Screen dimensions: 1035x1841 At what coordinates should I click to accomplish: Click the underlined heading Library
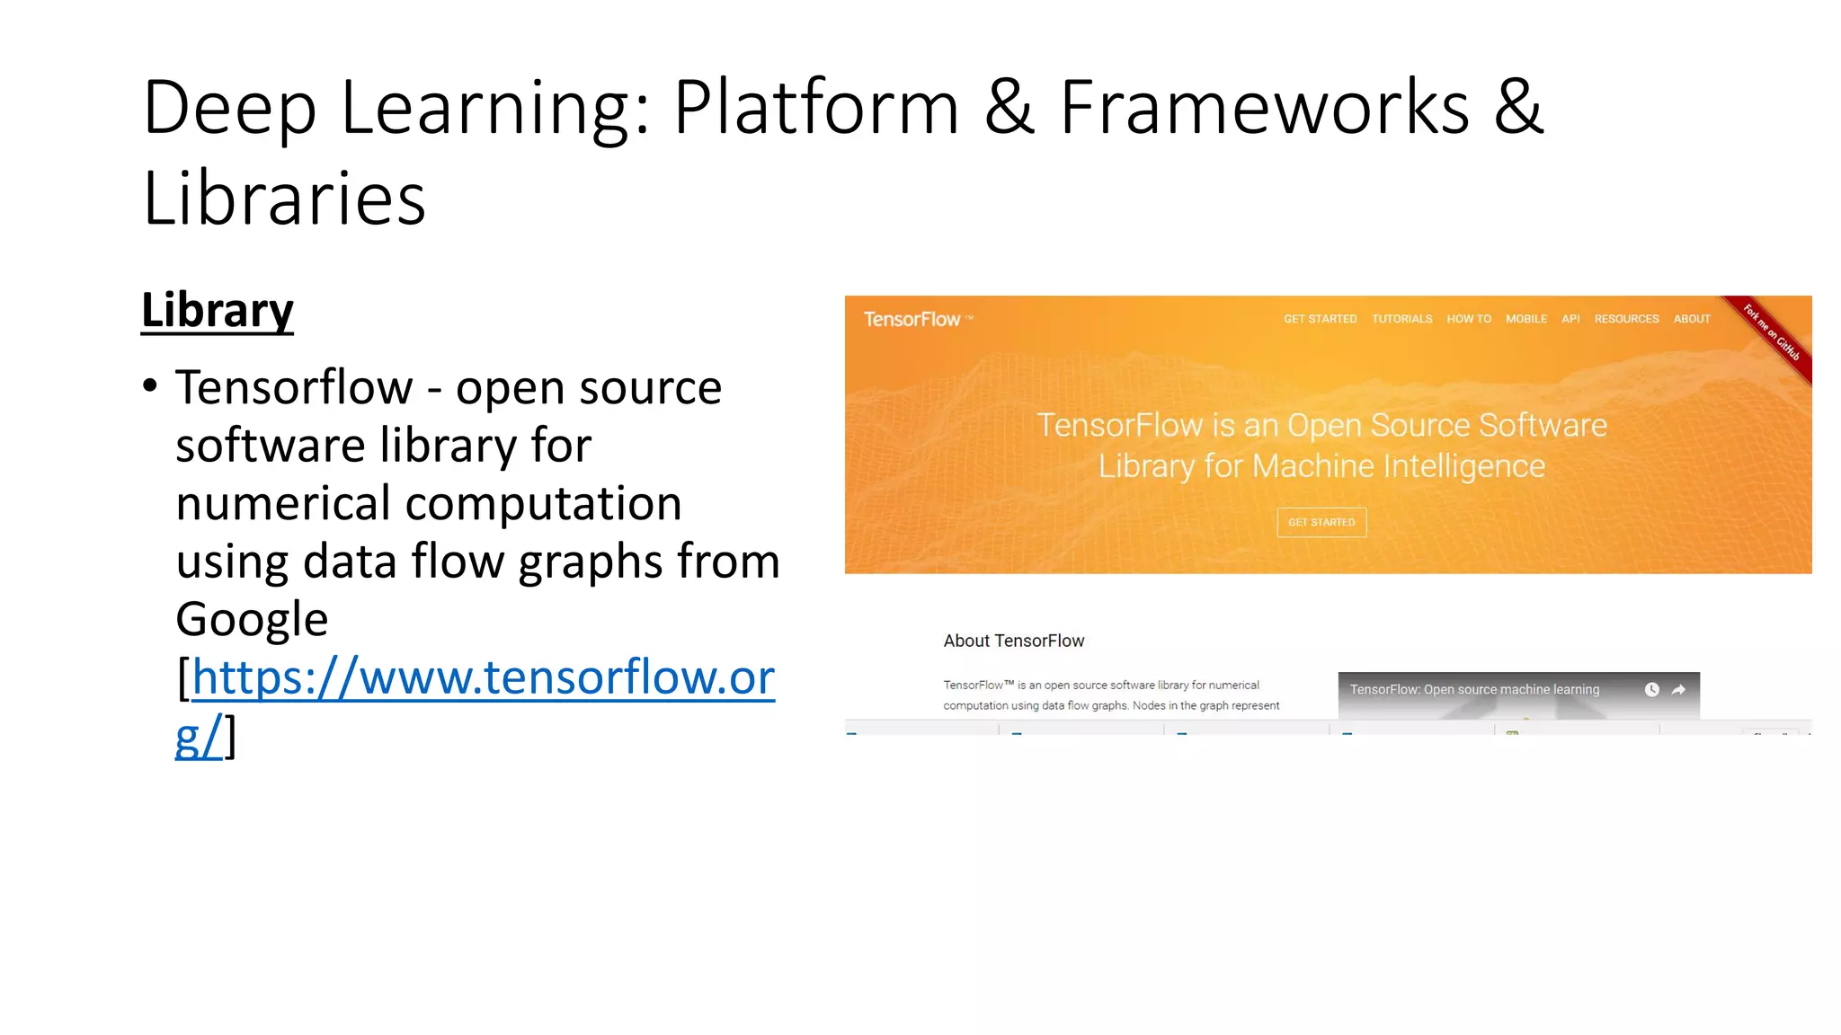click(x=217, y=311)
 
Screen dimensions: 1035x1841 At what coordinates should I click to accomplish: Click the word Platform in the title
click(x=816, y=108)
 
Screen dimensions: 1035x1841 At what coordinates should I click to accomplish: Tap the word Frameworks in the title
click(x=1263, y=108)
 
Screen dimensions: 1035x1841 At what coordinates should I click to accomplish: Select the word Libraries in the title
click(x=284, y=199)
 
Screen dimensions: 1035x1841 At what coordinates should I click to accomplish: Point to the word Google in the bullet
click(x=252, y=620)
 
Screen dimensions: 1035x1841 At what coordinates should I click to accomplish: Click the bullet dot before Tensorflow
click(x=150, y=386)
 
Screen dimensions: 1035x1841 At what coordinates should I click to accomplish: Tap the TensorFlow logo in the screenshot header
click(x=912, y=319)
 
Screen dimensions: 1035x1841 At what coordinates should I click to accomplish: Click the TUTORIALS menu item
click(x=1401, y=319)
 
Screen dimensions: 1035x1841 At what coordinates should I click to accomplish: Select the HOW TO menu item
click(x=1468, y=319)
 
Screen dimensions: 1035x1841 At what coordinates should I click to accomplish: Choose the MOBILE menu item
click(x=1526, y=319)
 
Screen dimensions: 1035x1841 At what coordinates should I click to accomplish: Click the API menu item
click(x=1570, y=319)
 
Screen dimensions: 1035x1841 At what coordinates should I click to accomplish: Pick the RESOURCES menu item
click(x=1626, y=319)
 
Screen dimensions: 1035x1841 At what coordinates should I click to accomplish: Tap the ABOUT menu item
click(x=1692, y=319)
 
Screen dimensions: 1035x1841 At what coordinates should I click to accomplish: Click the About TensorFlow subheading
click(x=1013, y=641)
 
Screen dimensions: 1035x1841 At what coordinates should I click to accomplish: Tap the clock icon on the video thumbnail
click(x=1651, y=690)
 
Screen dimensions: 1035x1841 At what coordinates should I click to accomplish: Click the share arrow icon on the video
click(x=1678, y=690)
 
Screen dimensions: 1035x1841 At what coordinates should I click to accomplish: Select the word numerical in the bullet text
click(x=282, y=503)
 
